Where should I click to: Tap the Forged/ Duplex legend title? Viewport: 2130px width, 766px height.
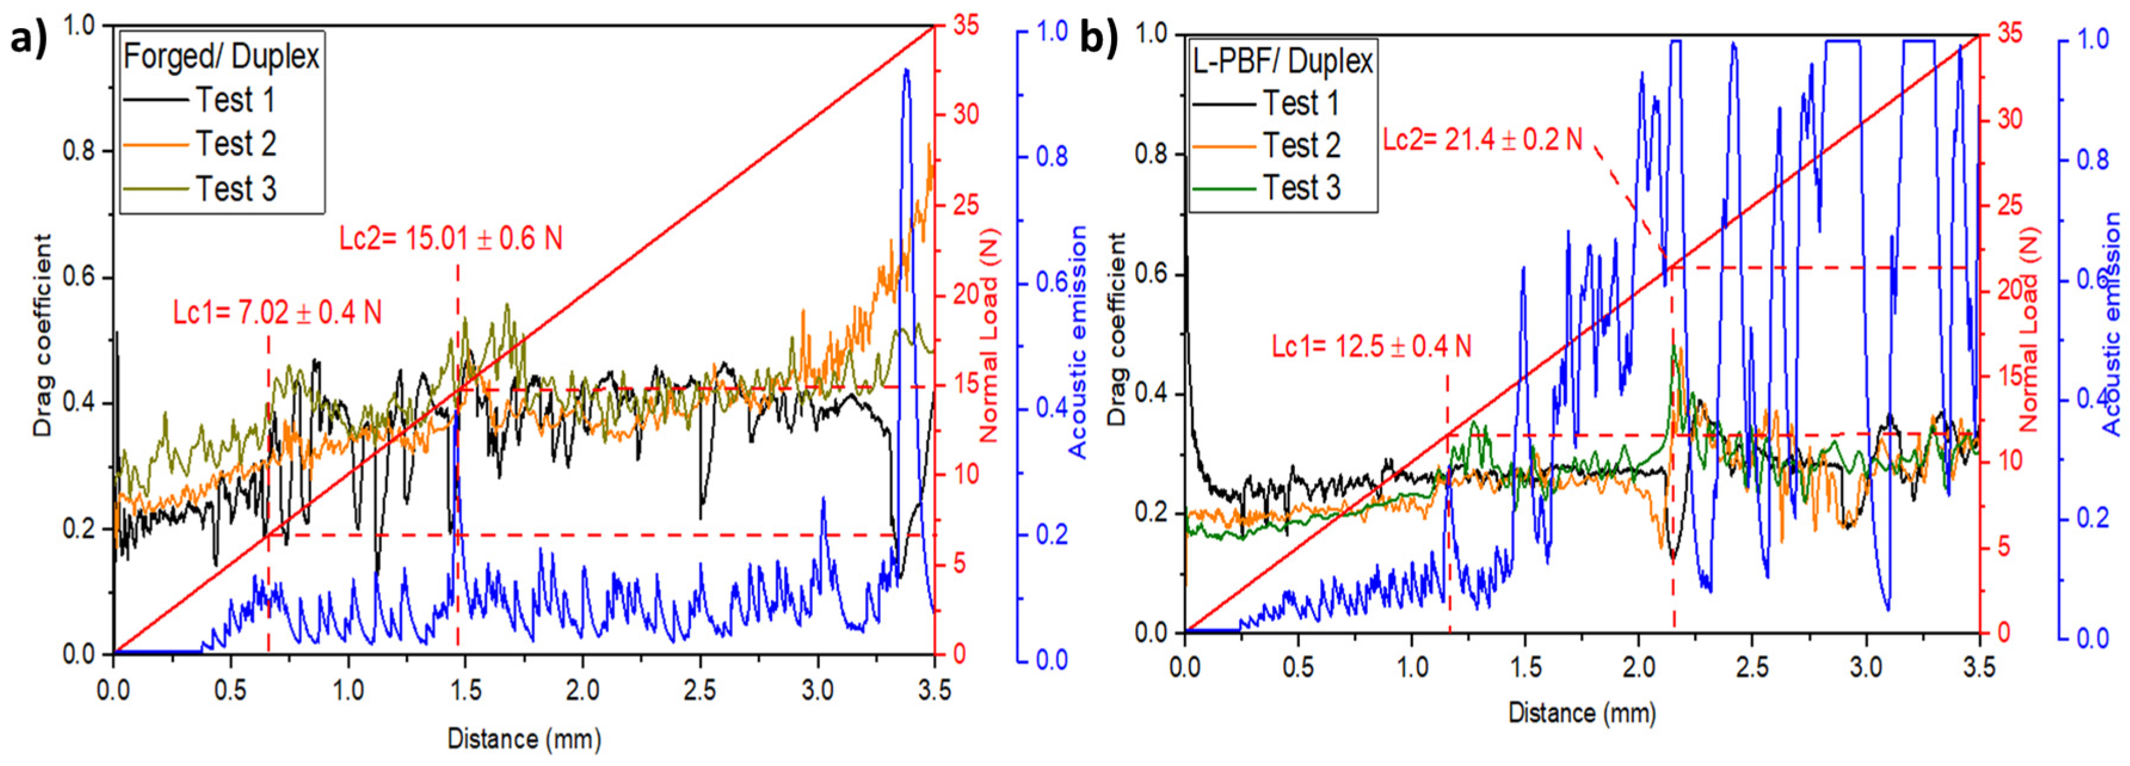pyautogui.click(x=221, y=56)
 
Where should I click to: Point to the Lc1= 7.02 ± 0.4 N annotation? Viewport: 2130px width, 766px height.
pyautogui.click(x=277, y=313)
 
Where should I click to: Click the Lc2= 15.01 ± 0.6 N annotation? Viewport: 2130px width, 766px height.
pyautogui.click(x=451, y=239)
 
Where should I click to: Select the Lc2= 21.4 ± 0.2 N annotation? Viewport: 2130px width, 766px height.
pyautogui.click(x=1482, y=140)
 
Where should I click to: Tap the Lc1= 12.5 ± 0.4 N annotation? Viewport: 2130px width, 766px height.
pyautogui.click(x=1371, y=346)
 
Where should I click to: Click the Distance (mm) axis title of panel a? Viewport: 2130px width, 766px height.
pyautogui.click(x=524, y=738)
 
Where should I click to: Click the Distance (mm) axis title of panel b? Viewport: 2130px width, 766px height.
pyautogui.click(x=1581, y=712)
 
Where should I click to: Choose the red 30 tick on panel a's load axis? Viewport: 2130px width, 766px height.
pyautogui.click(x=966, y=114)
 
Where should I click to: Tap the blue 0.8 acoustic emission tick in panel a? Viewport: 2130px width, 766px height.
pyautogui.click(x=1052, y=157)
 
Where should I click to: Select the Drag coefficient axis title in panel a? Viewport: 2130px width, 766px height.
pyautogui.click(x=42, y=335)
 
